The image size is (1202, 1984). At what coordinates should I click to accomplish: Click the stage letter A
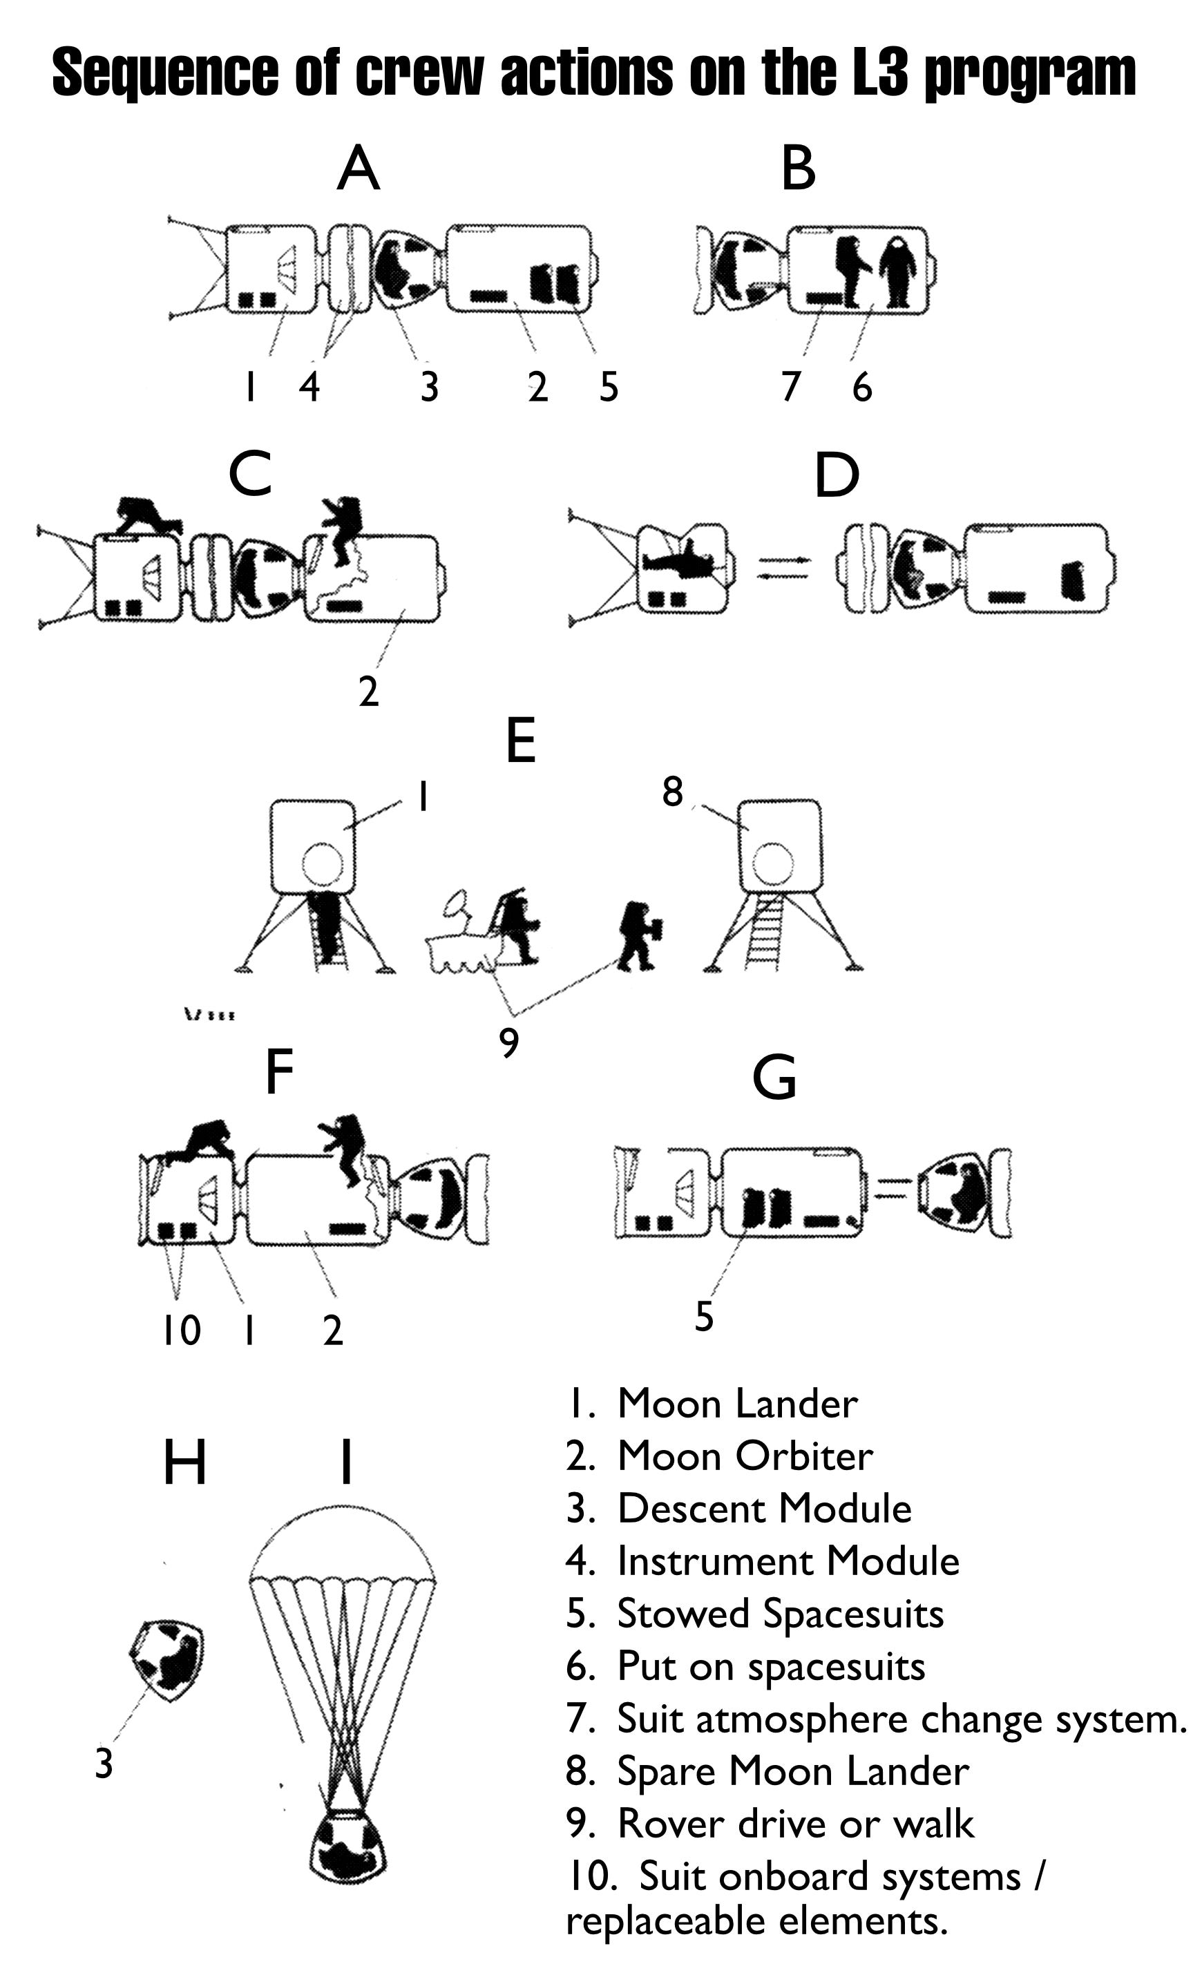357,169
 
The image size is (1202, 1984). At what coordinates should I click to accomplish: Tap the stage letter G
774,1079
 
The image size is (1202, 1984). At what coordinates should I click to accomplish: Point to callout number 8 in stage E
672,792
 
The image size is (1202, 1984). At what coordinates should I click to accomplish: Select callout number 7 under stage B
790,386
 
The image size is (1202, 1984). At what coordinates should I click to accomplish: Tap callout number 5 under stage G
704,1317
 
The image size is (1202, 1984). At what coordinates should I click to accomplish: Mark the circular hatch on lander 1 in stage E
323,864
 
